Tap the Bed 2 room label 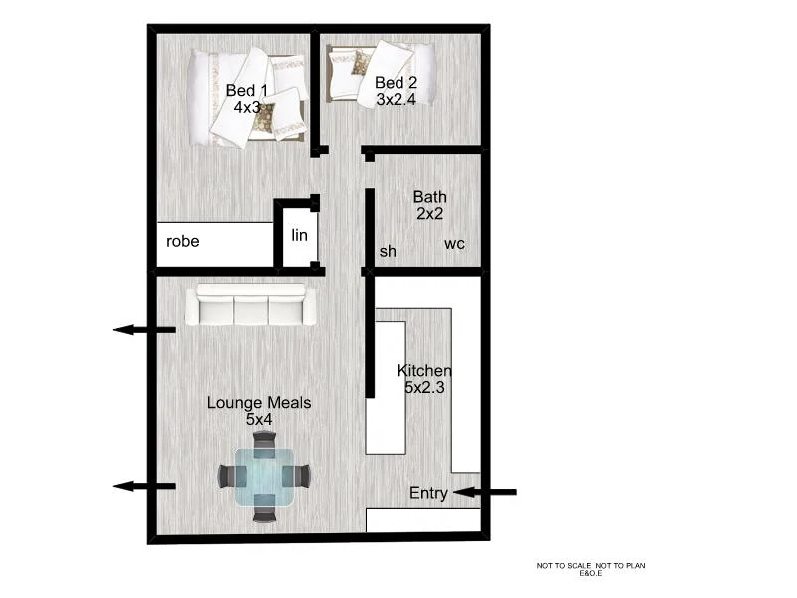pos(396,80)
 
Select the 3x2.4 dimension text pos(396,98)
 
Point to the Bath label pos(429,197)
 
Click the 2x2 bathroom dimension pos(429,214)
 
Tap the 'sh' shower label pos(388,251)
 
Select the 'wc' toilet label pos(454,244)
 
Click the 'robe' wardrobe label pos(183,242)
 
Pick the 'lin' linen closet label pos(299,235)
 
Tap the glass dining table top pos(262,476)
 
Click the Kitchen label pos(424,371)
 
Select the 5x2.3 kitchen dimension pos(424,388)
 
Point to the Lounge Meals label pos(259,403)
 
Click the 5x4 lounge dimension pos(259,420)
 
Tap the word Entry pos(428,493)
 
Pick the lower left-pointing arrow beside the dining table pos(143,486)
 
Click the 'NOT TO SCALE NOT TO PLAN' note pos(592,566)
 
